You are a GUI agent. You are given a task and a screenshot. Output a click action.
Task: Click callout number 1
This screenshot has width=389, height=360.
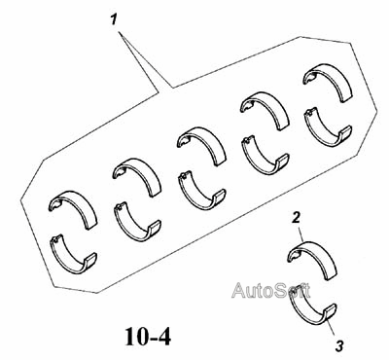(x=113, y=20)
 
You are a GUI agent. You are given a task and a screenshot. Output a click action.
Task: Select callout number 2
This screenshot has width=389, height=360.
(x=296, y=218)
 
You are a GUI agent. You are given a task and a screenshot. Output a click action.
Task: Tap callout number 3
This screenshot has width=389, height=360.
(x=339, y=346)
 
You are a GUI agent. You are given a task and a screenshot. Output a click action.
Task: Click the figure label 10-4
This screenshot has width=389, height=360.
(x=148, y=337)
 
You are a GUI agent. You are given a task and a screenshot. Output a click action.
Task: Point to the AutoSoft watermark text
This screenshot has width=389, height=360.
(x=270, y=290)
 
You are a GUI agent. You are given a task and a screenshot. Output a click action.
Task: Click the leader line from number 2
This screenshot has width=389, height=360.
(x=301, y=233)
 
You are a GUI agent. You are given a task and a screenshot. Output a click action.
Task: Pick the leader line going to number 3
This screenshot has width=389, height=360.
(x=331, y=327)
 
